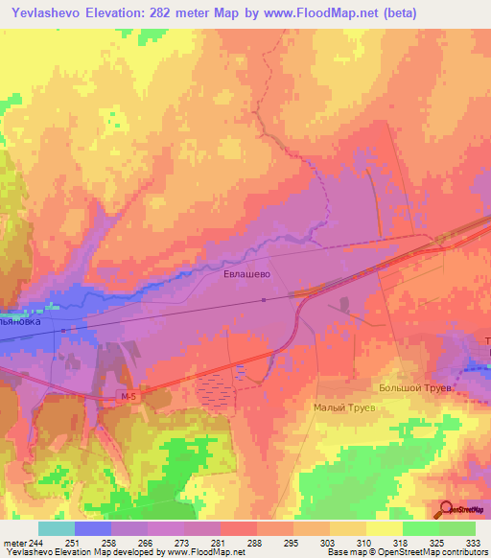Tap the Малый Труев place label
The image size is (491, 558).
coord(344,407)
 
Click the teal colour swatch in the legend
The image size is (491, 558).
coord(56,528)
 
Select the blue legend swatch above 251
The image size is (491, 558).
coord(92,528)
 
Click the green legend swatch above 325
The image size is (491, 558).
coord(420,528)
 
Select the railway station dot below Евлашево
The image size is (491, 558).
coord(264,299)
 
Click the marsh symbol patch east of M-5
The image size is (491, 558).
coord(215,388)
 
